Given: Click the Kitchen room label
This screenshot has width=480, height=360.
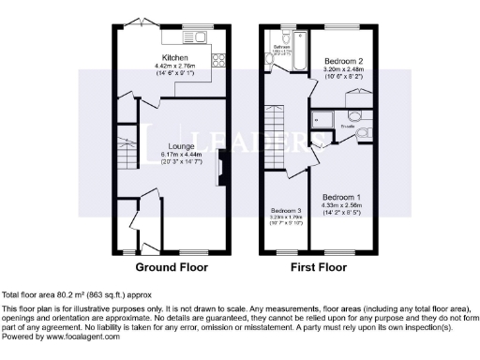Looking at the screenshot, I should (x=171, y=57).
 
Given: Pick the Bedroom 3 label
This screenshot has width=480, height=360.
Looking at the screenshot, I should (x=285, y=210).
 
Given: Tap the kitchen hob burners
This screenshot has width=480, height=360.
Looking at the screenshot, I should (x=221, y=61).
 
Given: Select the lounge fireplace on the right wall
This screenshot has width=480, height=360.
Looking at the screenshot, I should (x=219, y=172).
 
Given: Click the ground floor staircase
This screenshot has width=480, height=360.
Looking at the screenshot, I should (x=126, y=155).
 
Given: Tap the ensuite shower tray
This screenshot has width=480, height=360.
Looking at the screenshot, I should (x=322, y=119).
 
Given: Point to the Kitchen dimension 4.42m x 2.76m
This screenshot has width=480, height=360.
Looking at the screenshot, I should (x=171, y=66).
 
